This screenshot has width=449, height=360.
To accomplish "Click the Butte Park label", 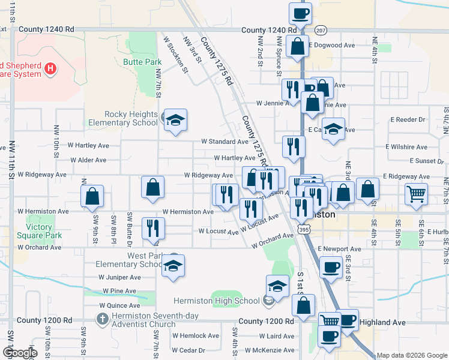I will [x=142, y=62].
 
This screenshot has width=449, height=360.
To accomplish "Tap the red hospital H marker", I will [x=50, y=69].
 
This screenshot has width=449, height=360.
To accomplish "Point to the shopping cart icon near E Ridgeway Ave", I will [x=416, y=193].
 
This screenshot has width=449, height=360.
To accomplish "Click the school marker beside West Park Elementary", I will [x=173, y=266].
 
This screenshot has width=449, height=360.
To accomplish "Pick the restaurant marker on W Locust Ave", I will [x=153, y=227].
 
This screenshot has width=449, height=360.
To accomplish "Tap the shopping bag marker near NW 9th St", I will [x=92, y=196].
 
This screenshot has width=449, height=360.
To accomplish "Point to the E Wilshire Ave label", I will [x=406, y=146].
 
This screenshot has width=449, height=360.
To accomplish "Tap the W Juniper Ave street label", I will [x=120, y=277].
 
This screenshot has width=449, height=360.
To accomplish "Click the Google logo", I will [x=19, y=353].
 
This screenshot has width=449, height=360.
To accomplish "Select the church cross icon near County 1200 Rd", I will [x=102, y=319].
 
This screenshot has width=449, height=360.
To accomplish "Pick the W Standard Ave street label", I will [x=224, y=142].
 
